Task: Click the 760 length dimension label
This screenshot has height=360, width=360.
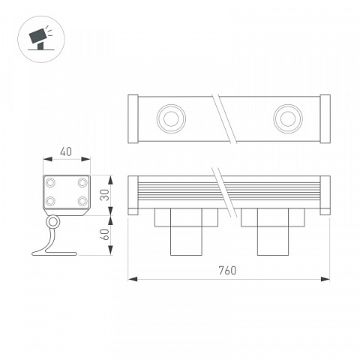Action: click(227, 271)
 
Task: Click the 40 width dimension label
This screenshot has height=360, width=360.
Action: click(66, 152)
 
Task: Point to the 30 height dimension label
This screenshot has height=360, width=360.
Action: click(105, 195)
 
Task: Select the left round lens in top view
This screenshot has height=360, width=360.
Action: click(171, 118)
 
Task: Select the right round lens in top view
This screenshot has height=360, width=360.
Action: click(288, 118)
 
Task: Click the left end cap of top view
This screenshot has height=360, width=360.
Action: click(133, 119)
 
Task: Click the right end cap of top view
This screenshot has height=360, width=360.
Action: click(325, 119)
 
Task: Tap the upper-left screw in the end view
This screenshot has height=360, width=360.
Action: click(50, 182)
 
